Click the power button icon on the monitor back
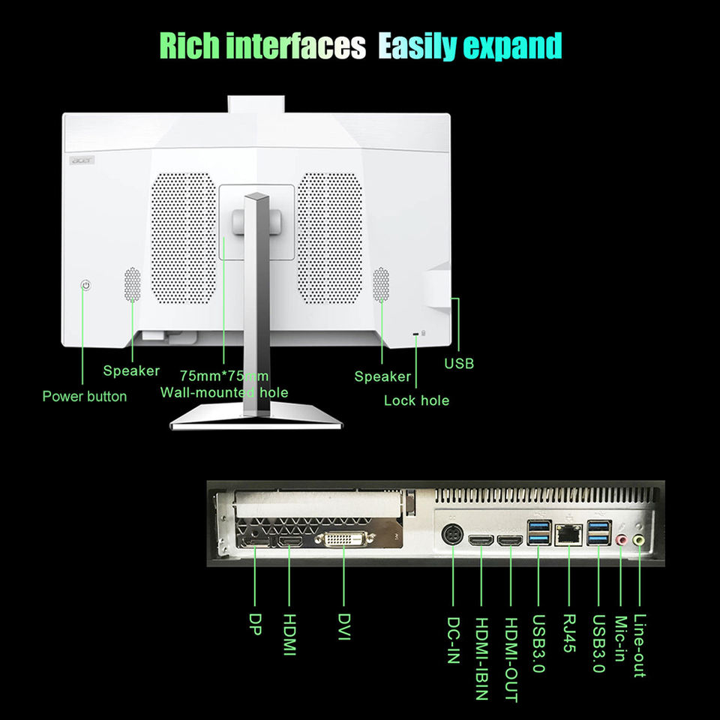(x=86, y=286)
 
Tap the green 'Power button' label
(x=84, y=396)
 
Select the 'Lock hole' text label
(x=416, y=400)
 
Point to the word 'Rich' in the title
(x=190, y=46)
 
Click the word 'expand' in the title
(x=512, y=46)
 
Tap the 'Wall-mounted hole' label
(x=224, y=392)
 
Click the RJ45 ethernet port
(x=568, y=535)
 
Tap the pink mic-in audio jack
(x=620, y=539)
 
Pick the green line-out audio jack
(x=638, y=539)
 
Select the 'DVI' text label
(x=344, y=628)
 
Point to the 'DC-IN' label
(x=453, y=640)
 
